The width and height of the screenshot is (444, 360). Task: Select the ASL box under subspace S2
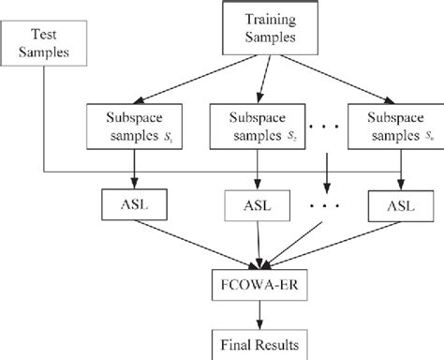coord(254,204)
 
